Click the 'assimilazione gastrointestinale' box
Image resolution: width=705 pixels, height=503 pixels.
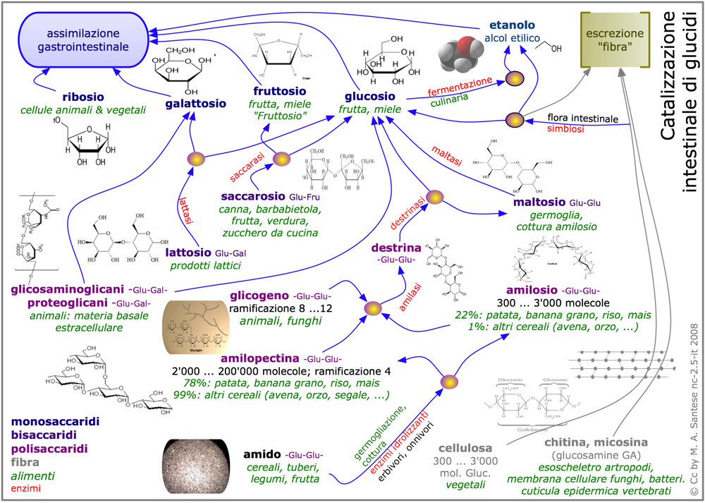[83, 40]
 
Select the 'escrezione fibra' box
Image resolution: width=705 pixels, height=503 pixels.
[612, 40]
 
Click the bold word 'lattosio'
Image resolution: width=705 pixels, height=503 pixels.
[188, 252]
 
